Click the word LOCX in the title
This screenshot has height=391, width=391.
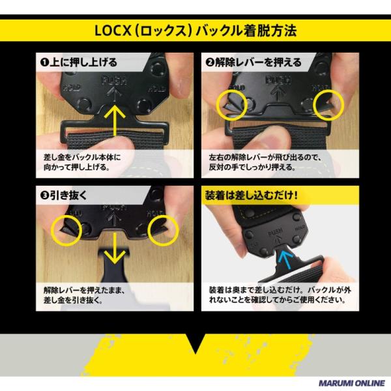point(113,31)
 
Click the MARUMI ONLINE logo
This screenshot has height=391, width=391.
point(352,383)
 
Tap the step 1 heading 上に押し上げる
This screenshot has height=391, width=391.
point(79,62)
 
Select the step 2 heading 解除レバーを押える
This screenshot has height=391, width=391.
point(253,62)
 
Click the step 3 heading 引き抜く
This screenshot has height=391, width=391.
point(64,195)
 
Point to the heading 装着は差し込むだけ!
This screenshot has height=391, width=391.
point(252,195)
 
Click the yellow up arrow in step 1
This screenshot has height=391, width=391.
point(115,121)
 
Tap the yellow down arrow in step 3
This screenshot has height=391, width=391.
point(115,248)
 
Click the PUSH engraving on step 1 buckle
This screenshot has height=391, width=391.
point(114,81)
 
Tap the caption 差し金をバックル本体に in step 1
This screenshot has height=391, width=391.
point(82,157)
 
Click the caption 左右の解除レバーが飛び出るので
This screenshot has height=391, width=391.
point(266,158)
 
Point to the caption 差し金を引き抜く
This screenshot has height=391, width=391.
point(73,300)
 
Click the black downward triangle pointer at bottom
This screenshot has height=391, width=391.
point(195,342)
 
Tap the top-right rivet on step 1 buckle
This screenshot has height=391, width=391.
point(157,68)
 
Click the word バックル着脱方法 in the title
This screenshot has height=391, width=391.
point(246,31)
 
